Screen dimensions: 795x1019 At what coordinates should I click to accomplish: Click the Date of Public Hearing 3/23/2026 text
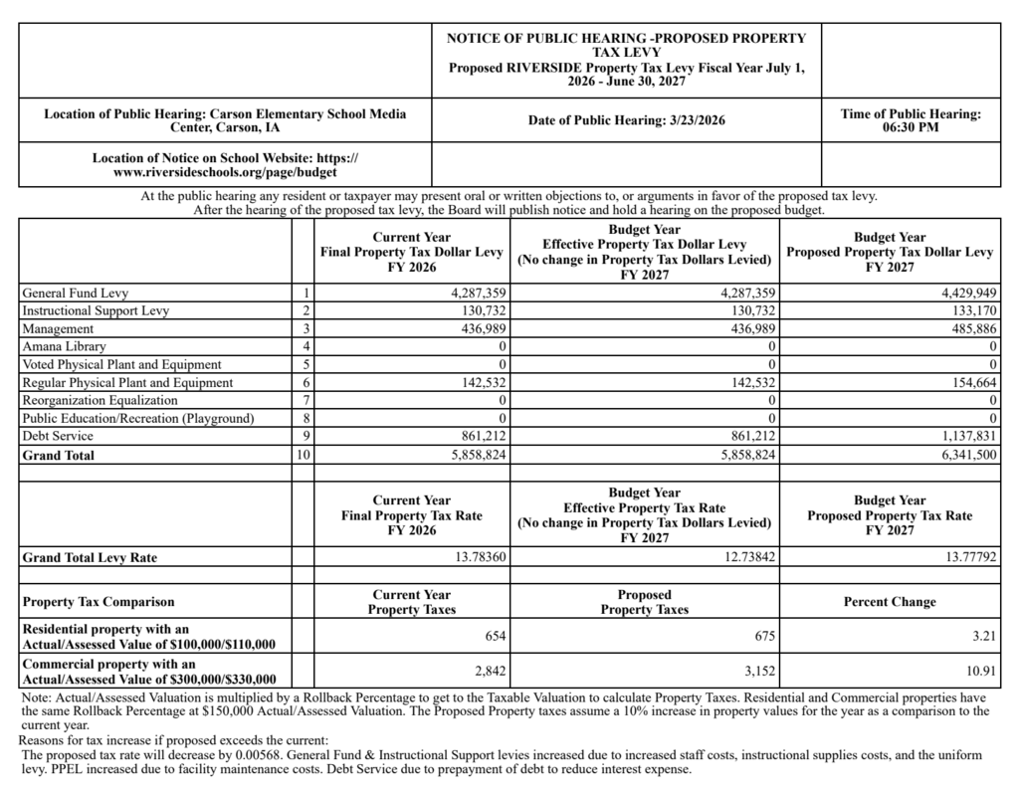pos(626,120)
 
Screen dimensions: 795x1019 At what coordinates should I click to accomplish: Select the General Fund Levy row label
pos(76,294)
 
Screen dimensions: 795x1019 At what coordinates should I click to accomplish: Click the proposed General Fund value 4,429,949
pos(962,294)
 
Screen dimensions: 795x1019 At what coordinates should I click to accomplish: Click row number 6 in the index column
pos(306,382)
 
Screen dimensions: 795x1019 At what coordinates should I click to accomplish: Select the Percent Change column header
pos(889,602)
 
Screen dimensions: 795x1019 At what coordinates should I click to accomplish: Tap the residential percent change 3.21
pos(986,636)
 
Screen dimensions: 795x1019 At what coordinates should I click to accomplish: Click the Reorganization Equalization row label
pos(101,400)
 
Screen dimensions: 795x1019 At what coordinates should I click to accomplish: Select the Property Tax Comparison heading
pos(99,602)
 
